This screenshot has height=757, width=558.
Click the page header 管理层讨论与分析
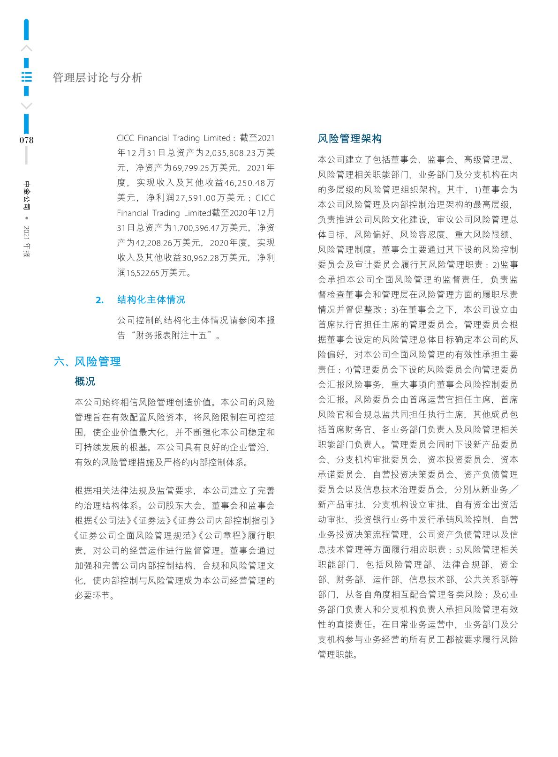(98, 78)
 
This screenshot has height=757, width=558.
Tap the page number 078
(26, 140)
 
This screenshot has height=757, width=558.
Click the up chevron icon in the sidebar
(27, 48)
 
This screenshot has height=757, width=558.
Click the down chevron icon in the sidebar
(27, 106)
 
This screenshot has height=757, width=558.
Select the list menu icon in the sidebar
(27, 77)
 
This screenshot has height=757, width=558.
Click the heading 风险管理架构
(350, 139)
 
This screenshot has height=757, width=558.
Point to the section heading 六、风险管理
(88, 361)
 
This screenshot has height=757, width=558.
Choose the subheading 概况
(85, 382)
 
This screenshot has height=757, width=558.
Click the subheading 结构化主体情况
(151, 300)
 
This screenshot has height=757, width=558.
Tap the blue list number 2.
(99, 300)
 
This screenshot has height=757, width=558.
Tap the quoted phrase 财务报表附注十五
(174, 336)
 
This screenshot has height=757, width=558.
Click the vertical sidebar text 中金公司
(27, 196)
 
